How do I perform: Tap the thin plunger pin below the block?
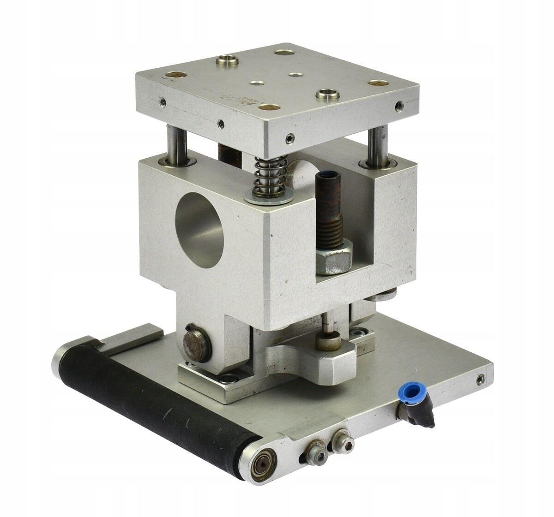point(329,323)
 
